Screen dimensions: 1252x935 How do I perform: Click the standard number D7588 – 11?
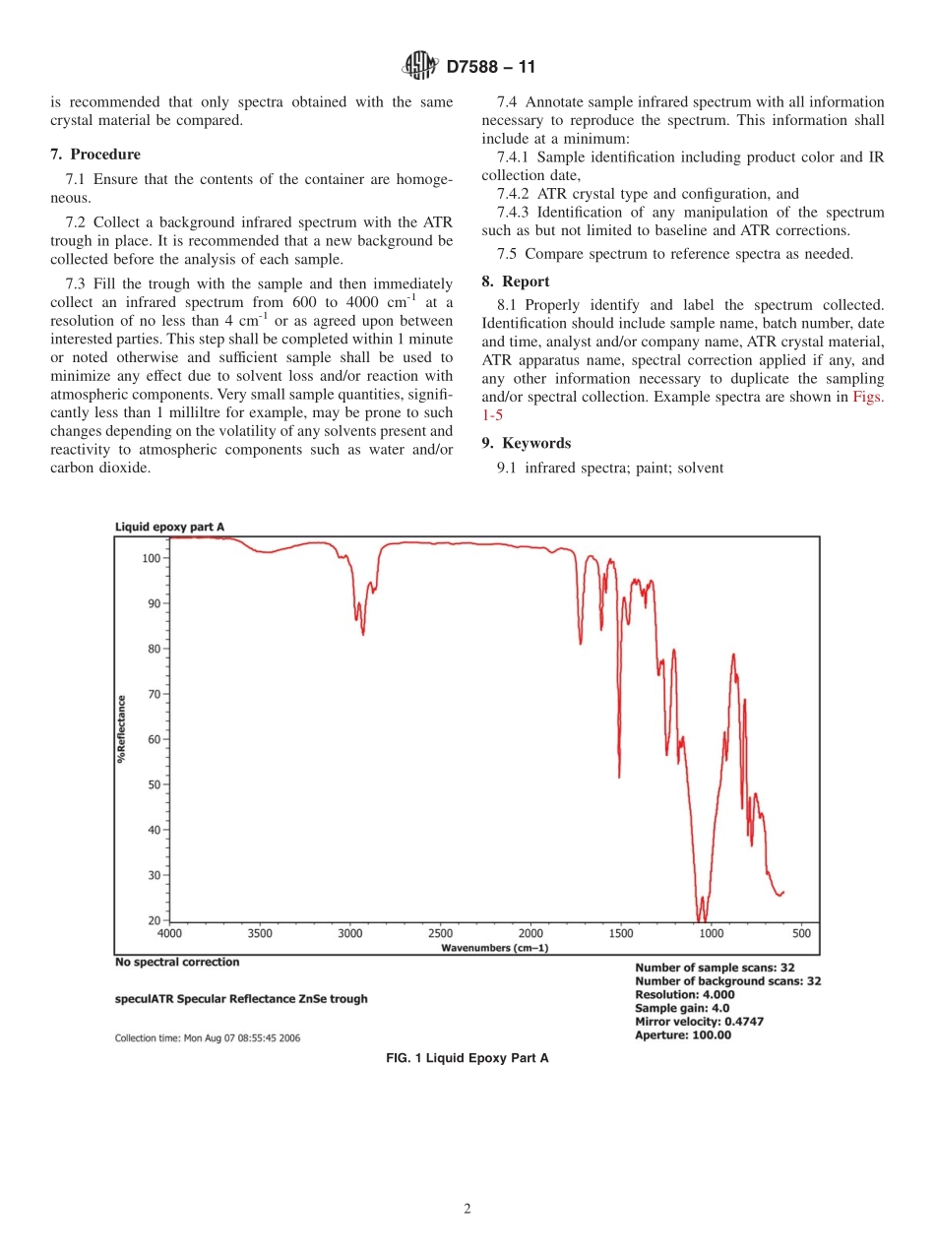(x=490, y=68)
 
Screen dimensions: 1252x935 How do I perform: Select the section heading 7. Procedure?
(x=95, y=155)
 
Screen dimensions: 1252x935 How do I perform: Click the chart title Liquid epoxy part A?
(x=169, y=527)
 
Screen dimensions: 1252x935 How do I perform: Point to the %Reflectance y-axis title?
(x=122, y=729)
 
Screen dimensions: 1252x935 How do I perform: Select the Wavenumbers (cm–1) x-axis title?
(x=494, y=947)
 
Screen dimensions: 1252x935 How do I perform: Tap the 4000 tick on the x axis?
(x=170, y=933)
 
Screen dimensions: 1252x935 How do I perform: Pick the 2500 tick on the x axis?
(x=440, y=933)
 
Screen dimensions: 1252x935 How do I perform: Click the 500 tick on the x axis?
(x=800, y=933)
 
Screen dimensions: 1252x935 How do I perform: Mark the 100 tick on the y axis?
(x=151, y=558)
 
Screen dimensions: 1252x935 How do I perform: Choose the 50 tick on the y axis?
(x=154, y=784)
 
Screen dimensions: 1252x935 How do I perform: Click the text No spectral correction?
(x=177, y=962)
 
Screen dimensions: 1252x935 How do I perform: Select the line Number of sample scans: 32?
(x=715, y=968)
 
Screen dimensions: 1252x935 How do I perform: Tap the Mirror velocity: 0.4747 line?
(x=699, y=1022)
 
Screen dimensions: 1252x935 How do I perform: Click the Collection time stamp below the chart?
(x=208, y=1037)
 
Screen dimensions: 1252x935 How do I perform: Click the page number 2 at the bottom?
(x=467, y=1210)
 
